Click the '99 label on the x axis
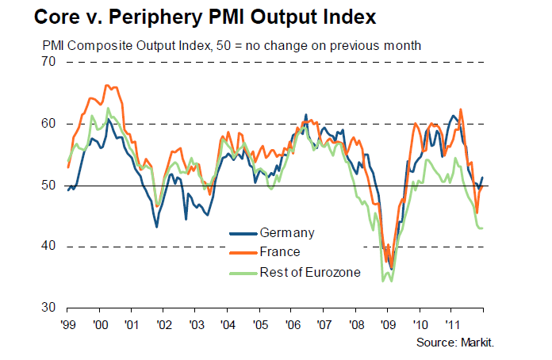[69, 324]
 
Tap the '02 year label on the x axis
[164, 324]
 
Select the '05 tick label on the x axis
[259, 324]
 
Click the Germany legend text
[287, 233]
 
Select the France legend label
[280, 252]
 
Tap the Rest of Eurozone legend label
[310, 272]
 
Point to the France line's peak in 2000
[107, 85]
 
